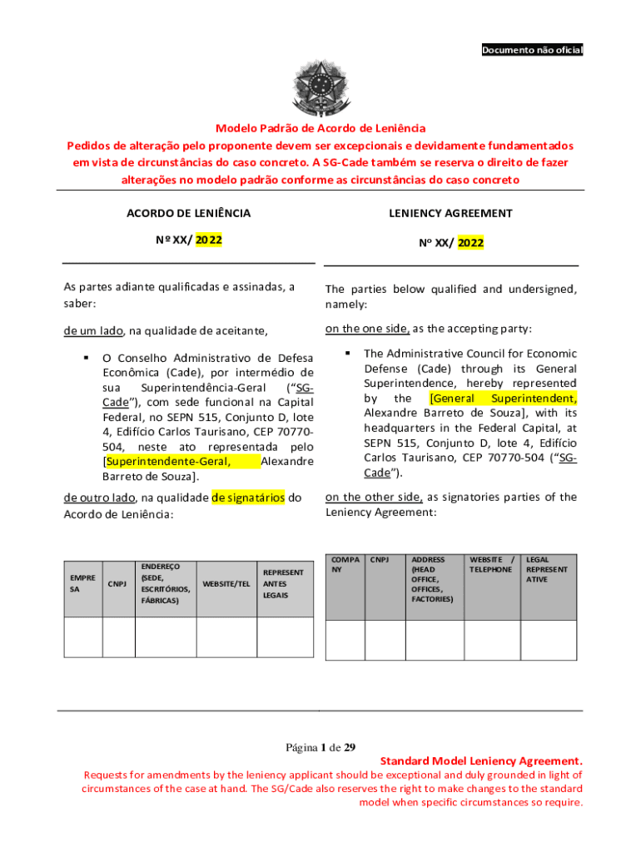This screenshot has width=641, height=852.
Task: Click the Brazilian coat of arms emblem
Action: pyautogui.click(x=320, y=87)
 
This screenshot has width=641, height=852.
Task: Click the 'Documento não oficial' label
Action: pyautogui.click(x=533, y=51)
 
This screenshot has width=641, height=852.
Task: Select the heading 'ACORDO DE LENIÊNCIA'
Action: pyautogui.click(x=188, y=213)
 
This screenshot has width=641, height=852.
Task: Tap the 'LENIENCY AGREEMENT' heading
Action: pyautogui.click(x=450, y=213)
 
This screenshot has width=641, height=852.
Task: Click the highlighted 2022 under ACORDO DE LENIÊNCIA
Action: pyautogui.click(x=209, y=240)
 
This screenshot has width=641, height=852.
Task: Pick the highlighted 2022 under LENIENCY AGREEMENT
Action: pyautogui.click(x=470, y=243)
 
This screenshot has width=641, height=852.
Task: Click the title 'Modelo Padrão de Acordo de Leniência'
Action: pyautogui.click(x=320, y=128)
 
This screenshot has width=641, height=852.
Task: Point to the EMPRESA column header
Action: pyautogui.click(x=82, y=582)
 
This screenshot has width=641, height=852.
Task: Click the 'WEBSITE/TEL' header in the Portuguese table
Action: pyautogui.click(x=226, y=583)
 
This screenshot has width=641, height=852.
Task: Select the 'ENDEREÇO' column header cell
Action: pyautogui.click(x=165, y=582)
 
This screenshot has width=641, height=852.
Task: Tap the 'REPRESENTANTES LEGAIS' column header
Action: pyautogui.click(x=284, y=583)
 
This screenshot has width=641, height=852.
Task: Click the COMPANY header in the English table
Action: pyautogui.click(x=345, y=565)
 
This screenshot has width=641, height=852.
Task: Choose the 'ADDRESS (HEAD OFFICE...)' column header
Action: pyautogui.click(x=433, y=579)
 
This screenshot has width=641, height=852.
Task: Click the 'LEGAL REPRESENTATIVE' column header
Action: pyautogui.click(x=547, y=569)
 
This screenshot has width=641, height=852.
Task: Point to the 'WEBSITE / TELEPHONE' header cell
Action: pyautogui.click(x=491, y=565)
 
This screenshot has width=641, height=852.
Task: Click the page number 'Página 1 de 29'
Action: pyautogui.click(x=320, y=746)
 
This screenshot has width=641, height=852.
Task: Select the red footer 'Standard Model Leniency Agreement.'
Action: pyautogui.click(x=481, y=761)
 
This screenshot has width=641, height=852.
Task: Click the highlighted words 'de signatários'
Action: pyautogui.click(x=248, y=498)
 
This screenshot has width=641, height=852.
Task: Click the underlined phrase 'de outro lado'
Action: pyautogui.click(x=100, y=498)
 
